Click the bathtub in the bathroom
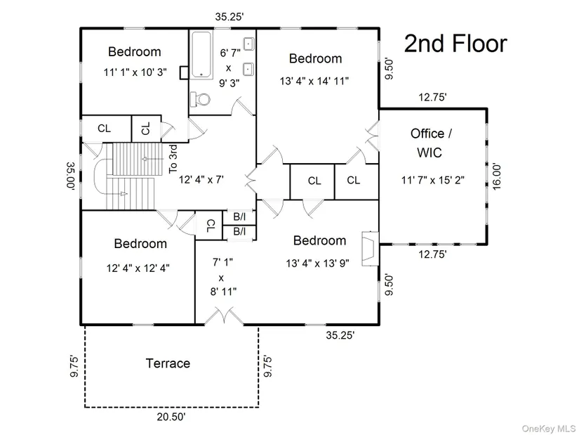click(201, 54)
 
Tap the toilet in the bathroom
click(200, 99)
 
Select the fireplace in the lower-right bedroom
click(371, 249)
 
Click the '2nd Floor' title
click(455, 44)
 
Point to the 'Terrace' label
click(168, 363)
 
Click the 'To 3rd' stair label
click(173, 159)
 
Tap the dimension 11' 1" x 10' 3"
click(135, 72)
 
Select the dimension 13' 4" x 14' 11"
click(314, 81)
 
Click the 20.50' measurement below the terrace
click(171, 417)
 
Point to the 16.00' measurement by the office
click(497, 177)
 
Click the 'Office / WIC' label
click(431, 143)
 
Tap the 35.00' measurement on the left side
click(71, 176)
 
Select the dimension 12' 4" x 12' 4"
click(138, 268)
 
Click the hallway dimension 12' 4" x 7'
click(201, 180)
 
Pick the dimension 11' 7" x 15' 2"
click(433, 180)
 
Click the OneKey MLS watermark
click(548, 429)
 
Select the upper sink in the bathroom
click(248, 44)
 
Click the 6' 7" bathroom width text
click(230, 53)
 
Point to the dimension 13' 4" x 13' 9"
click(317, 264)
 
